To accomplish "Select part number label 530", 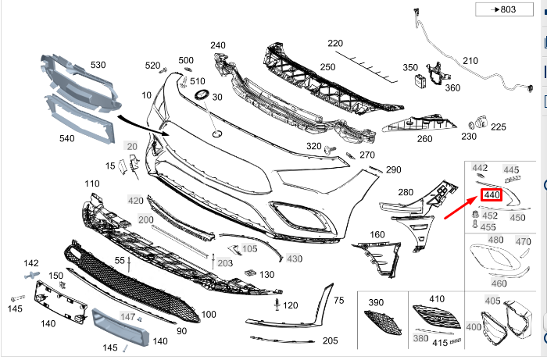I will pyautogui.click(x=98, y=65).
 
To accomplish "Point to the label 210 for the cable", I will pyautogui.click(x=470, y=61).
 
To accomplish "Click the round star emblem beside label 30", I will pyautogui.click(x=200, y=95).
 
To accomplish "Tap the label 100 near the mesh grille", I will pyautogui.click(x=209, y=315).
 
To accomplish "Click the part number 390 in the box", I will pyautogui.click(x=377, y=302).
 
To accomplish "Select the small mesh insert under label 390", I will pyautogui.click(x=381, y=321).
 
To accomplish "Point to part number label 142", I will pyautogui.click(x=30, y=263).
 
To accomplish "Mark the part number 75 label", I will pyautogui.click(x=338, y=301).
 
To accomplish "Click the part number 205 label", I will pyautogui.click(x=330, y=340).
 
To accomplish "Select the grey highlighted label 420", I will pyautogui.click(x=136, y=201).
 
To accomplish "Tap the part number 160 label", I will pyautogui.click(x=377, y=234).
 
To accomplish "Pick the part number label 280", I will pyautogui.click(x=406, y=192).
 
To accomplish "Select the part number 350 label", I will pyautogui.click(x=410, y=68).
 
